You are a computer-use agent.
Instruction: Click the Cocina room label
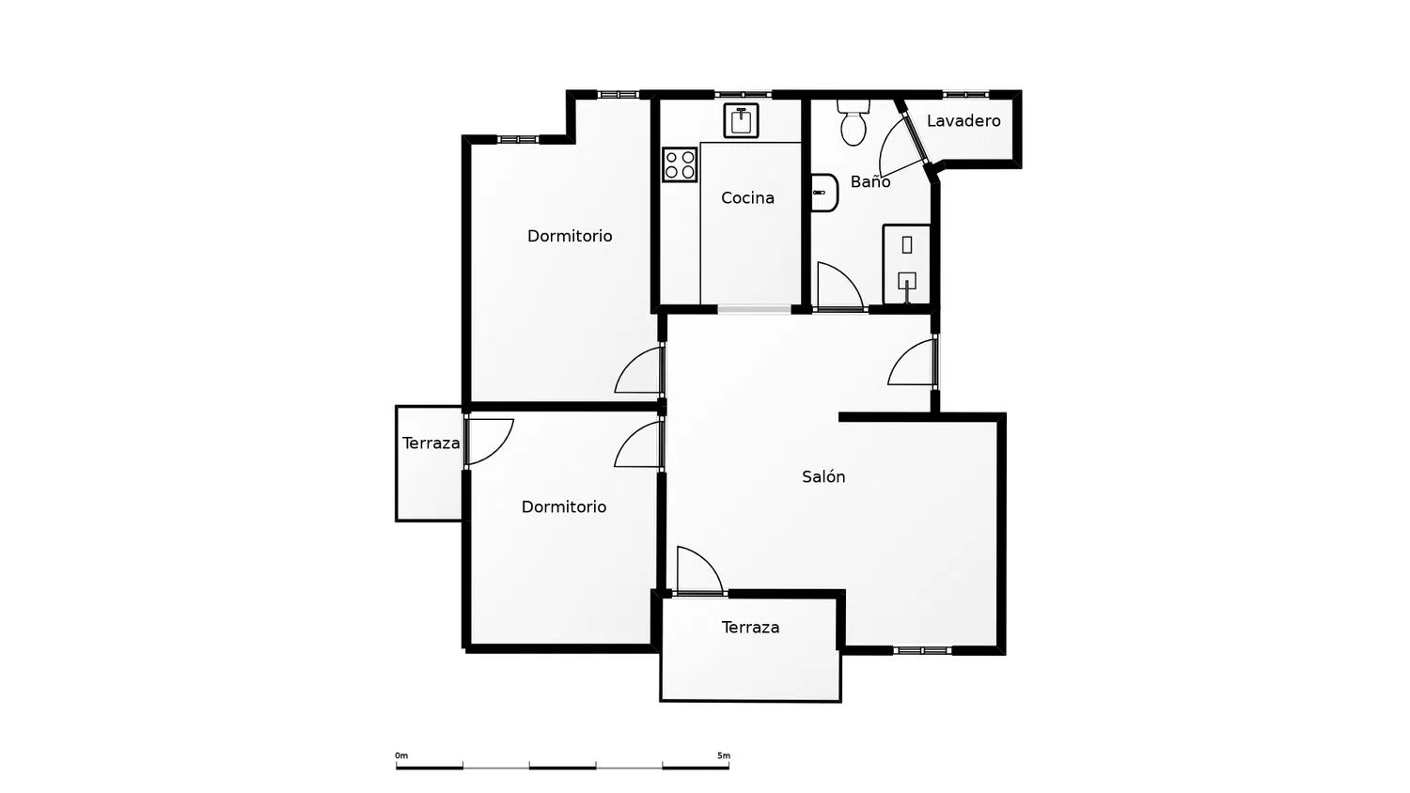[x=747, y=198]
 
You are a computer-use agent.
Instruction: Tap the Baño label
[x=869, y=182]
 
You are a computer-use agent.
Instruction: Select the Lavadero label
[x=963, y=121]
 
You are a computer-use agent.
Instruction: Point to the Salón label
[x=823, y=476]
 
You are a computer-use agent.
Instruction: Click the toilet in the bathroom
[x=854, y=123]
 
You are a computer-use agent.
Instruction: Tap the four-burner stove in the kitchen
[x=680, y=164]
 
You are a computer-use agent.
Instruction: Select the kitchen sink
[x=741, y=120]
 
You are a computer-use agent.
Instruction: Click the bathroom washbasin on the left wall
[x=824, y=193]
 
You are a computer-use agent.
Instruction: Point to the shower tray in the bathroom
[x=906, y=264]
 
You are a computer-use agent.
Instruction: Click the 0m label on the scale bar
[x=401, y=755]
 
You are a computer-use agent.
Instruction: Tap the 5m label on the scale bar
[x=724, y=755]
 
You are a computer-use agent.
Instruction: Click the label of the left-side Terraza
[x=431, y=443]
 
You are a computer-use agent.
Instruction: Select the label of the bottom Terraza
[x=750, y=628]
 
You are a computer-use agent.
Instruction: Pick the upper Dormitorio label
[x=570, y=236]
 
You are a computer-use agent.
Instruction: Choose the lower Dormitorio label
[x=564, y=507]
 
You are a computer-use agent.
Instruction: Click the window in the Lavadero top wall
[x=965, y=94]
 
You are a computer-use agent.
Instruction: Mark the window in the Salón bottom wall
[x=922, y=650]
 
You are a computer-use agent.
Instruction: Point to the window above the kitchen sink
[x=743, y=94]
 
